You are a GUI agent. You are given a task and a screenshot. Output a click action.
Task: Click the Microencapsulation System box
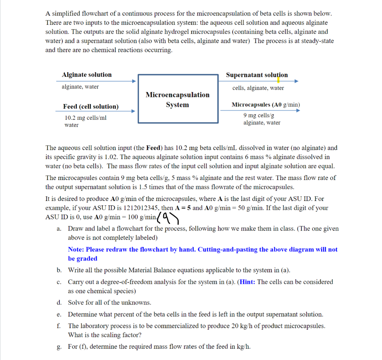coord(178,99)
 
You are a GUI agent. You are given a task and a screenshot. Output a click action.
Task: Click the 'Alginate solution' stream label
coord(87,75)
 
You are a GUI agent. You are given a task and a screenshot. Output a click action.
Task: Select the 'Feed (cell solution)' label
coord(91,107)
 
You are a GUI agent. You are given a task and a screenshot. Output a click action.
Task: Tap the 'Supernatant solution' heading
coord(257,75)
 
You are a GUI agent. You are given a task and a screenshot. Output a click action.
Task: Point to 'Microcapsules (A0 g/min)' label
coord(266,105)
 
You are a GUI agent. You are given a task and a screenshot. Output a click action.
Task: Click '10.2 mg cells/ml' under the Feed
coord(85,118)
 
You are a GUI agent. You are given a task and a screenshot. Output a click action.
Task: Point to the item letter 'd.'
coord(59,302)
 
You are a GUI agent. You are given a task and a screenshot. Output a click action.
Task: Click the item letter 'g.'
coord(59,347)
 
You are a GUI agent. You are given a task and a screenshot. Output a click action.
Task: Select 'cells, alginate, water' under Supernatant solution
coord(258,88)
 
